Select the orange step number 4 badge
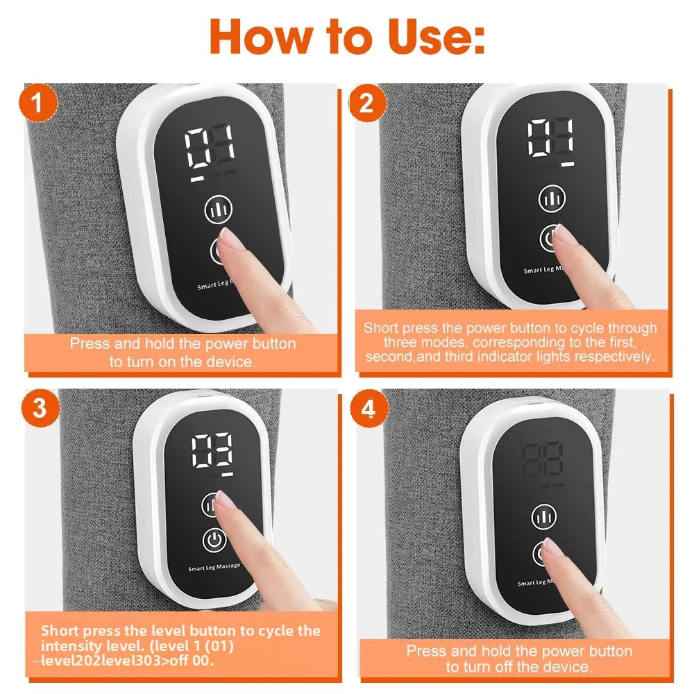coord(369,409)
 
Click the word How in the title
coord(260,36)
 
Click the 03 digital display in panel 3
coord(212,452)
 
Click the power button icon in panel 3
coord(214,539)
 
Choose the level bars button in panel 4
coord(543,516)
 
